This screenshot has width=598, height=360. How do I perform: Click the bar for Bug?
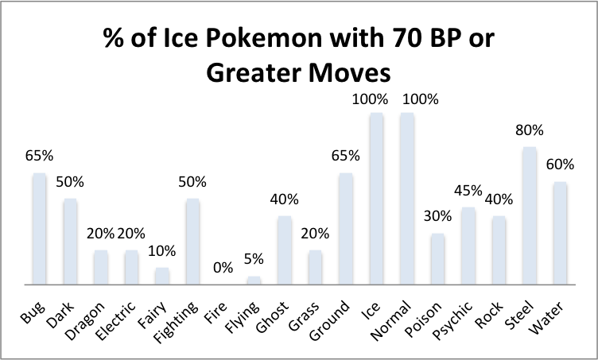tap(39, 228)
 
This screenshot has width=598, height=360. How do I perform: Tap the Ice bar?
tap(376, 198)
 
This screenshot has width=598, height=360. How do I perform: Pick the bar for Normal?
tap(407, 198)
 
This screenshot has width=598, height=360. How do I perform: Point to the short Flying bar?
tap(254, 280)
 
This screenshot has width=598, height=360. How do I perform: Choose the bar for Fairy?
tap(162, 276)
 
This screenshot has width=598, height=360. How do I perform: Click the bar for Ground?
tap(346, 228)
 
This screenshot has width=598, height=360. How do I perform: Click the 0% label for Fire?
tap(223, 268)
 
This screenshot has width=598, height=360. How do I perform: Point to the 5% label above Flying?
tap(254, 259)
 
